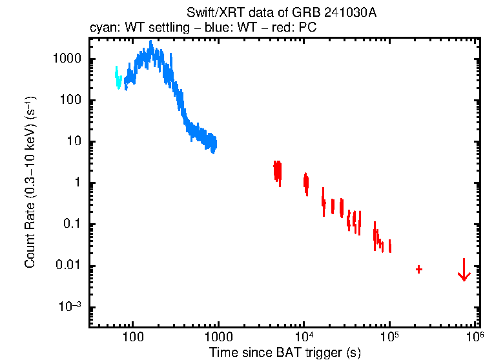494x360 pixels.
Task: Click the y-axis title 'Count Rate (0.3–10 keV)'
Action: pos(30,183)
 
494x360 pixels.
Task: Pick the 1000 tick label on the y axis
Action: pos(66,59)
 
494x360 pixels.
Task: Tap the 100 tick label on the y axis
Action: pos(69,100)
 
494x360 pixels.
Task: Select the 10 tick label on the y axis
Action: pos(72,142)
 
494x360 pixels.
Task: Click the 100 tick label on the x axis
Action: pos(132,337)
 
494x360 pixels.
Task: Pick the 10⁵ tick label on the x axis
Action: pos(389,336)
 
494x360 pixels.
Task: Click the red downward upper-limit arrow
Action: pos(464,271)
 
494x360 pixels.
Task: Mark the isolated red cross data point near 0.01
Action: pos(419,269)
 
